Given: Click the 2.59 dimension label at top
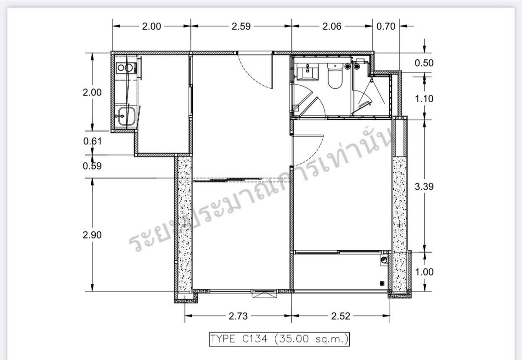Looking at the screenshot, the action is tap(241, 27).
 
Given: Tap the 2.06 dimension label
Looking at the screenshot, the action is tap(332, 27).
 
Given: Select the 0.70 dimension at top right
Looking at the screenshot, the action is tap(386, 27).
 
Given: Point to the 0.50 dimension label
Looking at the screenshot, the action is tap(424, 63).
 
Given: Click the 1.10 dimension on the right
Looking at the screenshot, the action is tap(424, 99).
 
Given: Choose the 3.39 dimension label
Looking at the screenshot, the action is tap(424, 186).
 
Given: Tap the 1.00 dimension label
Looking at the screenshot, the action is tap(425, 272).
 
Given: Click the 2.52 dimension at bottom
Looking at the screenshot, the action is tap(341, 316).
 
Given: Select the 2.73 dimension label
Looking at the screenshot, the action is tap(238, 316).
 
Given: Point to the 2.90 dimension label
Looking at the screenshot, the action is tap(92, 235).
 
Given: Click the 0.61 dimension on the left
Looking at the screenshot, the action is tap(93, 141).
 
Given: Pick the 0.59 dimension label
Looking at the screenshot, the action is tap(92, 166).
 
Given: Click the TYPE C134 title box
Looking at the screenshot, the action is tap(279, 339).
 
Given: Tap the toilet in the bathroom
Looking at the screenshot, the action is tap(335, 76).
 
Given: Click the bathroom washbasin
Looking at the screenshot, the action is tap(308, 71).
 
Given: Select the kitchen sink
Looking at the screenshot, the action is tap(125, 116).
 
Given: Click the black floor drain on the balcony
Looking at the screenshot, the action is tap(382, 283).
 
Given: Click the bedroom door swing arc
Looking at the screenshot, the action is tap(312, 154).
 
